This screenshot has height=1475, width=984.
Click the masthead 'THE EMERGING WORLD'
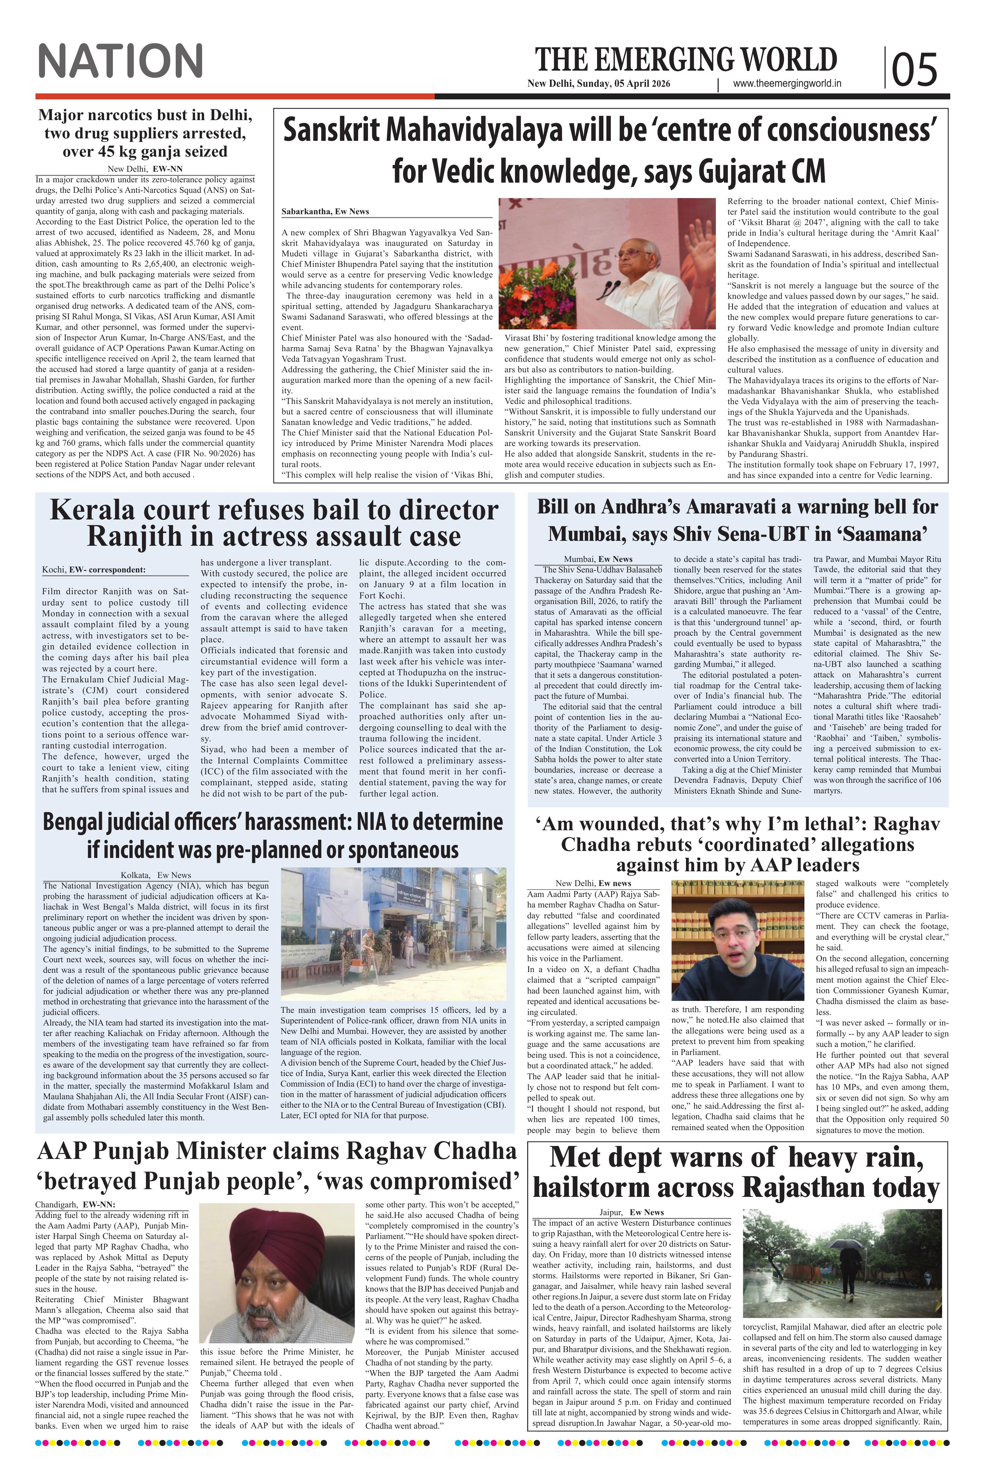click(x=686, y=60)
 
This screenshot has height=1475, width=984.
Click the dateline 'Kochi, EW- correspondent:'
click(x=94, y=570)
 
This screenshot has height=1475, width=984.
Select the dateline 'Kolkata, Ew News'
click(x=156, y=875)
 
